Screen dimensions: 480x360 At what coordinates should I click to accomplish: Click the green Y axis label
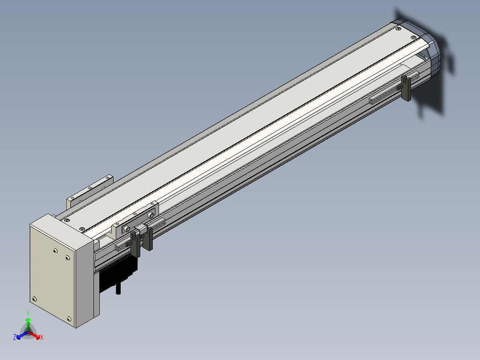click(x=28, y=313)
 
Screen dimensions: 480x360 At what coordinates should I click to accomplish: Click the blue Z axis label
click(x=15, y=337)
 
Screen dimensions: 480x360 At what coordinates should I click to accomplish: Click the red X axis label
click(x=42, y=337)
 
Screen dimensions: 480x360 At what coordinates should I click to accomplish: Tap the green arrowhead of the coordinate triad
click(x=28, y=320)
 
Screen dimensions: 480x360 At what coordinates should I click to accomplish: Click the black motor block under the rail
click(x=118, y=274)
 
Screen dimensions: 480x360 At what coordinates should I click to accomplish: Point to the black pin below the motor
click(x=118, y=289)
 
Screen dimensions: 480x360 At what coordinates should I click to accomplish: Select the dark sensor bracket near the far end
click(x=406, y=88)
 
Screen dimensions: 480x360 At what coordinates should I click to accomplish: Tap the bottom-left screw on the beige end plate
click(x=34, y=299)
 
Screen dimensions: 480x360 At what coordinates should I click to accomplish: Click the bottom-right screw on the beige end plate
click(x=69, y=319)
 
